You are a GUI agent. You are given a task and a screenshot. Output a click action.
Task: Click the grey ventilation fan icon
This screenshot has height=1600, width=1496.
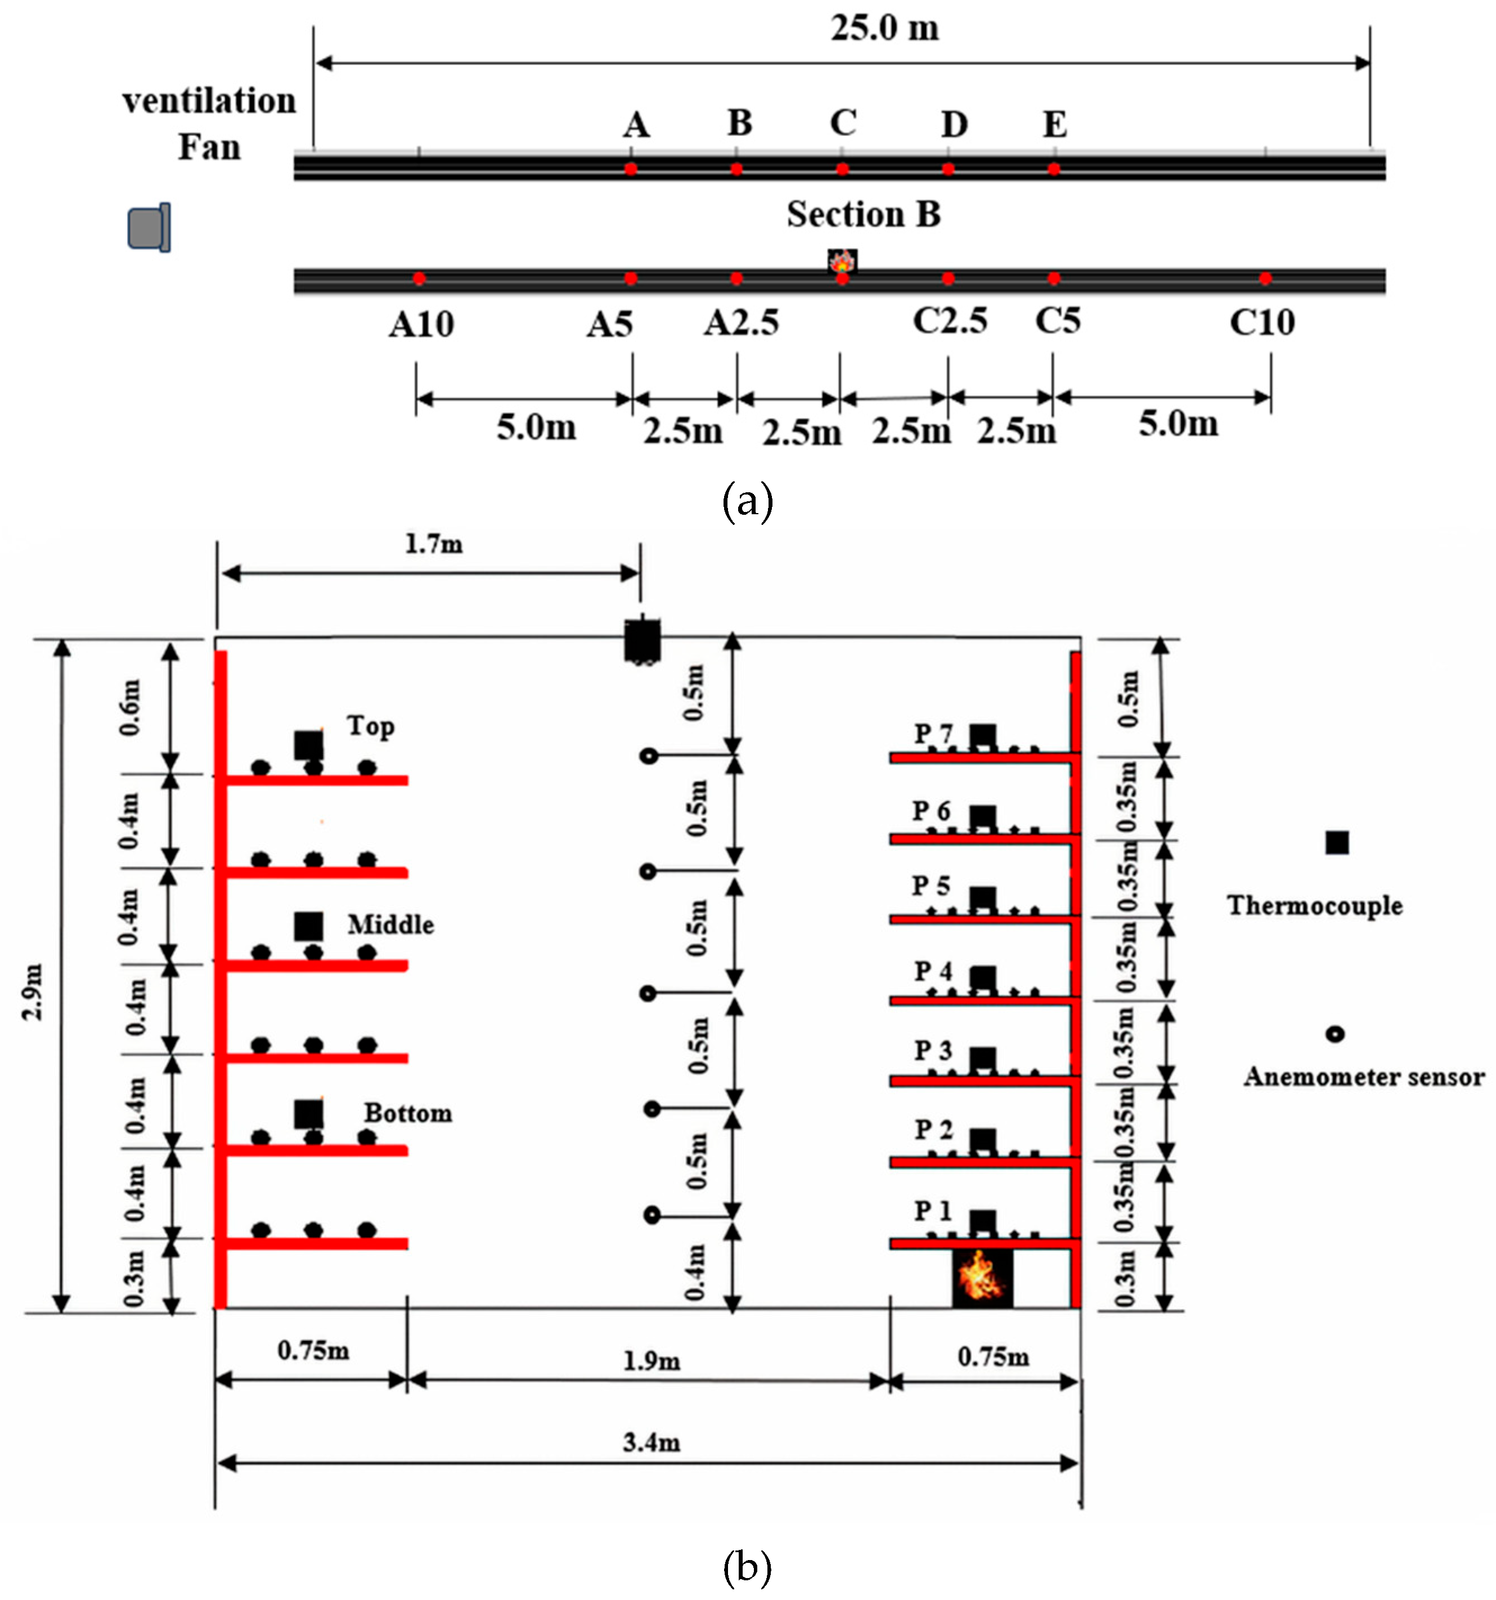pyautogui.click(x=150, y=228)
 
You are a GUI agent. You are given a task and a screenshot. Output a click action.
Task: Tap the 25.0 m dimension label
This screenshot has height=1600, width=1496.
pyautogui.click(x=884, y=29)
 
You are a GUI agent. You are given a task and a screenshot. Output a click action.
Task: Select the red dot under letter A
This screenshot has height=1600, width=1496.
pyautogui.click(x=630, y=169)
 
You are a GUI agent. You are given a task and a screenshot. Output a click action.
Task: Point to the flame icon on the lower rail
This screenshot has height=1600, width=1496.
pyautogui.click(x=842, y=261)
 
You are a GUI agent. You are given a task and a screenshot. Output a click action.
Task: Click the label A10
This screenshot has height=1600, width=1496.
pyautogui.click(x=421, y=325)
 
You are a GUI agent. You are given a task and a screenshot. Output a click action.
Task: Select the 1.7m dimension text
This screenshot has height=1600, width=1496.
pyautogui.click(x=433, y=545)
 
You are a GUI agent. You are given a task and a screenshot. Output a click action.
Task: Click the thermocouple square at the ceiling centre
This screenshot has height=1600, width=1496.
pyautogui.click(x=642, y=641)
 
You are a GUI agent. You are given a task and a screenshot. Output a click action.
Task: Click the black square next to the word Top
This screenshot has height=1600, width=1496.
pyautogui.click(x=308, y=745)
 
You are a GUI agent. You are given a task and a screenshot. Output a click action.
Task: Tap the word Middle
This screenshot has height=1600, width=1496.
pyautogui.click(x=390, y=925)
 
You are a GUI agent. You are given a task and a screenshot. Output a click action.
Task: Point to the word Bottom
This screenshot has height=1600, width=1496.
pyautogui.click(x=407, y=1113)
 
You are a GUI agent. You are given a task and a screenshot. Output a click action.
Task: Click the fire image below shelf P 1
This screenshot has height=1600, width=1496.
pyautogui.click(x=982, y=1275)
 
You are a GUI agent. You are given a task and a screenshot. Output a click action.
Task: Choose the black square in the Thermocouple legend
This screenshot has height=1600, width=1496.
pyautogui.click(x=1337, y=843)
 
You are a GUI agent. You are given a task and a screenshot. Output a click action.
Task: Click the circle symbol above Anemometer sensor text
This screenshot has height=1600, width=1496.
pyautogui.click(x=1335, y=1034)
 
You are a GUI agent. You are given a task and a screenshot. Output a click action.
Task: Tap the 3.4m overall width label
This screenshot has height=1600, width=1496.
pyautogui.click(x=650, y=1442)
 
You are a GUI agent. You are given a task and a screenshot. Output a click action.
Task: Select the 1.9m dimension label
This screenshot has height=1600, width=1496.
pyautogui.click(x=650, y=1361)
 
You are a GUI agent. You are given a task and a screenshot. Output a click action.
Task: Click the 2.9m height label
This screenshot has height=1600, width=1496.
pyautogui.click(x=32, y=991)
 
